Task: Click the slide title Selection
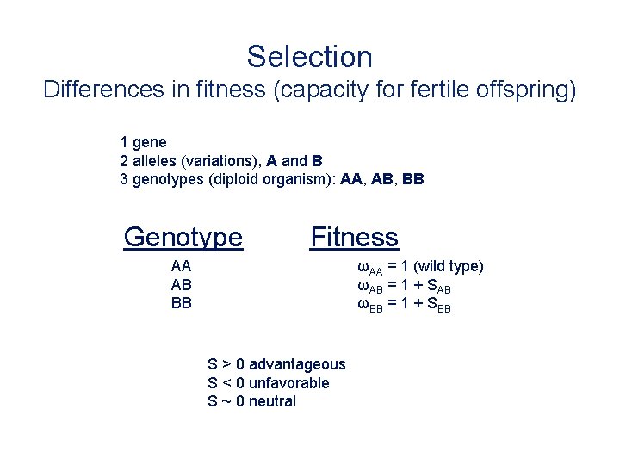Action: [310, 57]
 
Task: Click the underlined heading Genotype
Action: [183, 236]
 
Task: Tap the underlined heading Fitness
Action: [354, 236]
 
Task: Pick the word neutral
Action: [272, 401]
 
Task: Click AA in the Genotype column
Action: [182, 266]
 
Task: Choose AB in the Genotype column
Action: [182, 285]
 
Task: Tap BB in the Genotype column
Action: [182, 303]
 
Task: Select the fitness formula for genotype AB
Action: [404, 286]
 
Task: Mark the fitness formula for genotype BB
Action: [404, 304]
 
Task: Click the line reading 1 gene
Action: [144, 141]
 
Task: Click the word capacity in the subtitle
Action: [325, 90]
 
